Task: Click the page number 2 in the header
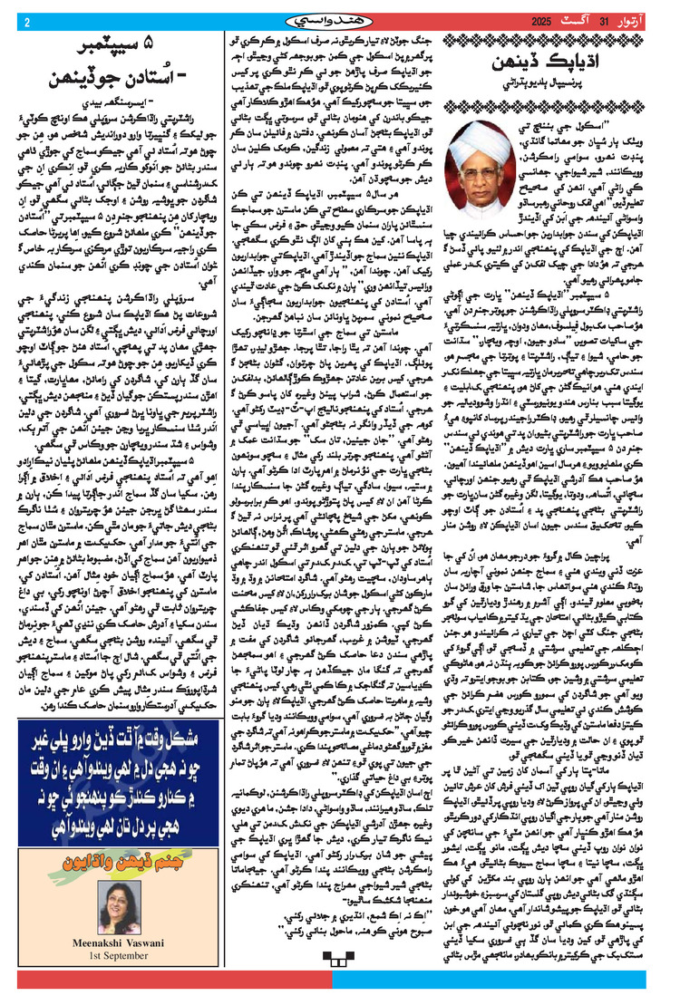tap(28, 22)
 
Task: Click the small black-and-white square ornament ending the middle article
tap(340, 989)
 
